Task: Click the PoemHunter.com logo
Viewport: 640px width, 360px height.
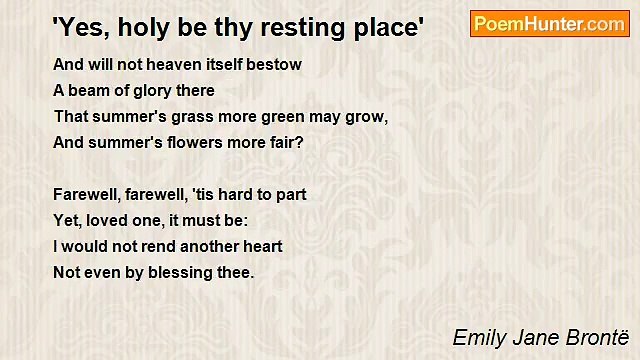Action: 549,24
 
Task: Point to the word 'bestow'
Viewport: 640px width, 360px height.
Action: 276,65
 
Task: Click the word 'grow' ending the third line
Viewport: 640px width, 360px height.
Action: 367,117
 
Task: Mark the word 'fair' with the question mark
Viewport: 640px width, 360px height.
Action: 284,143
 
